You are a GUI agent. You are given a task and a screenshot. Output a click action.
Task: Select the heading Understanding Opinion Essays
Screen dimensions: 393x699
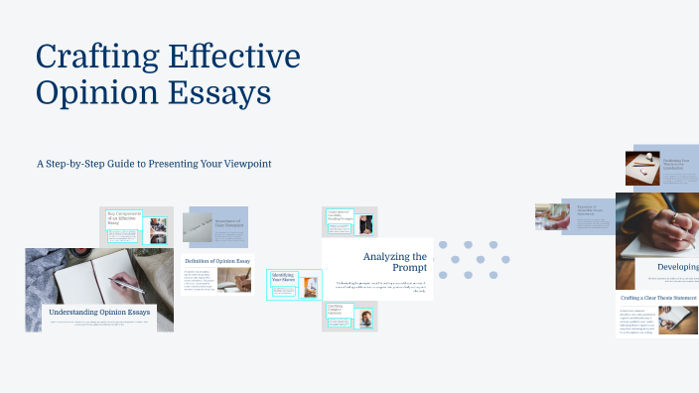click(x=99, y=313)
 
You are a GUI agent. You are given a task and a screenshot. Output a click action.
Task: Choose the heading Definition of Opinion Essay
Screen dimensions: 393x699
click(x=217, y=261)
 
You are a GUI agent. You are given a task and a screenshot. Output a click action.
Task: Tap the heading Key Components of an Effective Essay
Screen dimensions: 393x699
click(x=126, y=219)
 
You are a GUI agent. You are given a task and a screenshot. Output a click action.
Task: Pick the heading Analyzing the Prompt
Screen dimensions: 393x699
click(x=394, y=262)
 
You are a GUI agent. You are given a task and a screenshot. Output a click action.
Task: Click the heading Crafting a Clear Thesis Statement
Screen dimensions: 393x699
click(x=657, y=298)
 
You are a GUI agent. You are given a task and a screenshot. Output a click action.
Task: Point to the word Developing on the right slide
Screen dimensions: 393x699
click(x=677, y=267)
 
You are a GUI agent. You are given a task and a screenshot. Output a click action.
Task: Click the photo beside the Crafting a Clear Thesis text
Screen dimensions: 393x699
click(x=679, y=320)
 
